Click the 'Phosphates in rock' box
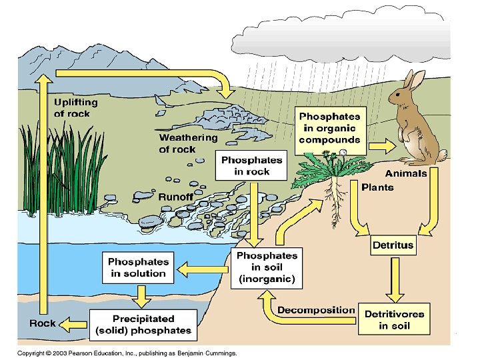252,165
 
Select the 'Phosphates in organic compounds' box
329,128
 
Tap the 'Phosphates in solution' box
138,267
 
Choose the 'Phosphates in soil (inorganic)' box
267,267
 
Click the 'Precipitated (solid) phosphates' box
143,325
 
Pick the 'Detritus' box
393,245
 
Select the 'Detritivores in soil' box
394,320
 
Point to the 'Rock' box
43,323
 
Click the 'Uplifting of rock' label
75,108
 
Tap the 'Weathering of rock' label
188,143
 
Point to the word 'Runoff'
175,197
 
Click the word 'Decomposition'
316,310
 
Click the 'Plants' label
377,187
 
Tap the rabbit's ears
415,81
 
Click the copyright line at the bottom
127,353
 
